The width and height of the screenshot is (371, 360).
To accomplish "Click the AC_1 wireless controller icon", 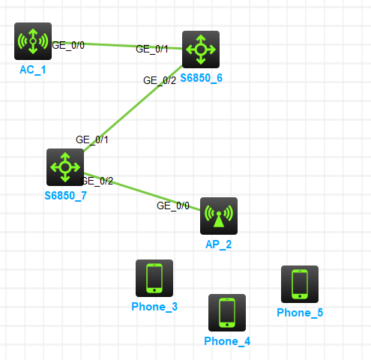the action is point(33,41).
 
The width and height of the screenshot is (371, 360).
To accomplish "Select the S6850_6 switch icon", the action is point(201,49).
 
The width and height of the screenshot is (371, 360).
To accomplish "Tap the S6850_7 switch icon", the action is point(65,167).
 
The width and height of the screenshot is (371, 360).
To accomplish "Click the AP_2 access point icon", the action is point(219,216).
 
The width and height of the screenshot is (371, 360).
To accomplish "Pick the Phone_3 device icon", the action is point(154,278).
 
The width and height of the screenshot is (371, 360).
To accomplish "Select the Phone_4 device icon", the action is point(227,313).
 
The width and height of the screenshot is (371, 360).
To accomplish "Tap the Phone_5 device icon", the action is point(300,284).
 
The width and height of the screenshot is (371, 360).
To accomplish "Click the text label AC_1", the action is point(33,70).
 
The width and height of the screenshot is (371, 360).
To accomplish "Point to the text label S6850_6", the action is point(202,78).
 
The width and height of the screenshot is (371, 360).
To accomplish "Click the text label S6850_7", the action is point(66,196).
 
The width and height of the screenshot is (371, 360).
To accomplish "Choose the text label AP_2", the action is point(219,244).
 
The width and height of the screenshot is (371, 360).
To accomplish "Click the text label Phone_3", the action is point(154,307).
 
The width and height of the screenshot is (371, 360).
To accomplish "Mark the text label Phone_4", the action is point(227,341).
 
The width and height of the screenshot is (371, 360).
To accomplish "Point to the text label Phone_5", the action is point(300,313).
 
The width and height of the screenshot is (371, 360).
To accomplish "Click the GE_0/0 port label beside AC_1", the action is point(68,46).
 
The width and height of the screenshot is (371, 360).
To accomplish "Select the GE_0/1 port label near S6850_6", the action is point(152,49).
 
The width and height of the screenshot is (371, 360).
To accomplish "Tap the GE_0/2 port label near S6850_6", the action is point(160,80).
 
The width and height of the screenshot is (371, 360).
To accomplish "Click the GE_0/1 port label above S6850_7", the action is point(92,139).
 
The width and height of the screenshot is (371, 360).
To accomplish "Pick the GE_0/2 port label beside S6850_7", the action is point(97,181).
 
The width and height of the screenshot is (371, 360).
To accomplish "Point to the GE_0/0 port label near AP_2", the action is point(173,205).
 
